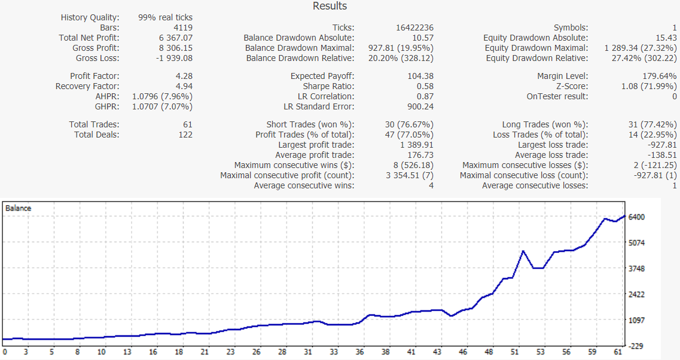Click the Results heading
(x=330, y=6)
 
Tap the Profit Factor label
(x=94, y=76)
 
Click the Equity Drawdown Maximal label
(x=536, y=48)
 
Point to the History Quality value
(x=165, y=17)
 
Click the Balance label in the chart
(x=18, y=208)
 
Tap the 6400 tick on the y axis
(x=636, y=217)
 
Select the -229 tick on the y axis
(x=636, y=346)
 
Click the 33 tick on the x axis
(x=334, y=353)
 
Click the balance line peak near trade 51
(x=523, y=251)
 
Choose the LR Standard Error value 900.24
(x=417, y=106)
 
